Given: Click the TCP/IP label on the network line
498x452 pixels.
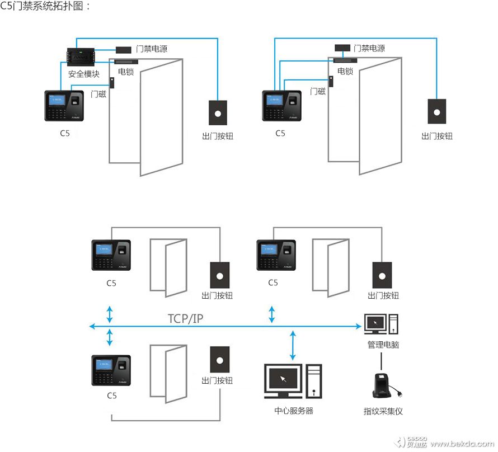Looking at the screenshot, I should click(x=186, y=319).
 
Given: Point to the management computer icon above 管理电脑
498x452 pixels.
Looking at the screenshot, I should click(x=381, y=325).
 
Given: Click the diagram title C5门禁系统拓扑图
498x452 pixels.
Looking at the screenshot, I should click(x=45, y=7).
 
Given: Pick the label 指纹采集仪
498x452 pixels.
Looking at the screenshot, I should click(x=383, y=411).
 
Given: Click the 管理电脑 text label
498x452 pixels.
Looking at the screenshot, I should click(x=383, y=345).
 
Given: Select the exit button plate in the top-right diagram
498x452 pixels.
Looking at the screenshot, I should click(x=437, y=111).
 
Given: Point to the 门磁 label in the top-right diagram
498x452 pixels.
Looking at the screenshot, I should click(x=317, y=91).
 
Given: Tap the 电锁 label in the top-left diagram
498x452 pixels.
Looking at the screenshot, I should click(x=126, y=71).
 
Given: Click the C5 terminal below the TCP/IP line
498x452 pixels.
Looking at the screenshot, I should click(x=111, y=369).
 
